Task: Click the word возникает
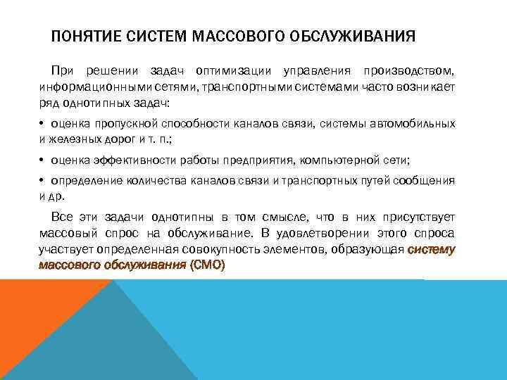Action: click(x=423, y=87)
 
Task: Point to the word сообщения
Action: click(x=424, y=182)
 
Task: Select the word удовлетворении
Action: click(x=318, y=234)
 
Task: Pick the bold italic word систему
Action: click(x=431, y=249)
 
